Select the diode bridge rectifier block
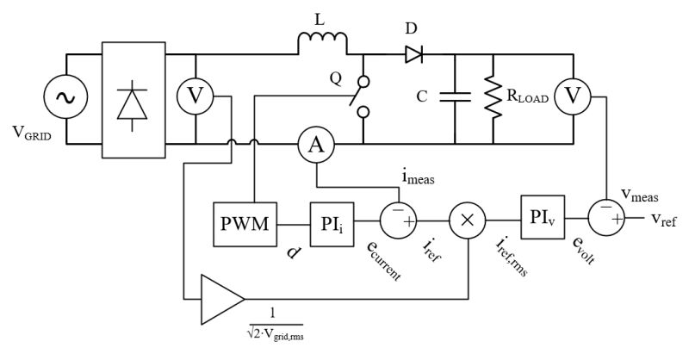pyautogui.click(x=133, y=100)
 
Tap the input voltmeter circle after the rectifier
pyautogui.click(x=197, y=99)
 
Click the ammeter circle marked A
pyautogui.click(x=316, y=146)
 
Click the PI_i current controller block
pyautogui.click(x=331, y=226)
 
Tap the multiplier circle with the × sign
pyautogui.click(x=468, y=220)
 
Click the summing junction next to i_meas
pyautogui.click(x=400, y=220)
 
